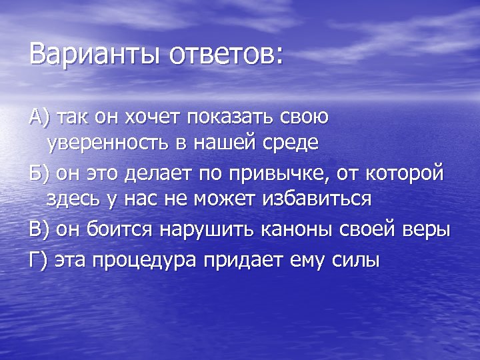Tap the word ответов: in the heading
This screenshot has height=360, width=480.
tap(227, 53)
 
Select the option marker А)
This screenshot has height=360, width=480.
tap(41, 117)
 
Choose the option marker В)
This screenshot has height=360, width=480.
tap(40, 230)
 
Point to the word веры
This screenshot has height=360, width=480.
tap(428, 230)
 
